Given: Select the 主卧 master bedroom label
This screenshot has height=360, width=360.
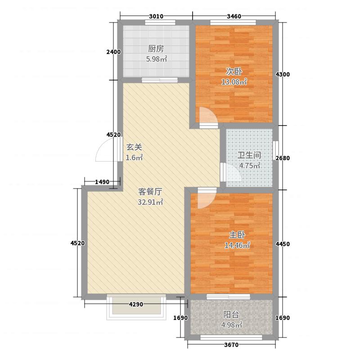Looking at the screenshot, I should pos(234,235).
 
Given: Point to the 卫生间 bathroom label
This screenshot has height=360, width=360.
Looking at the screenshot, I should pos(249,155).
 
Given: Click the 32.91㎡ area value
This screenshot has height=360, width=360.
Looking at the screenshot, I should pos(150,202).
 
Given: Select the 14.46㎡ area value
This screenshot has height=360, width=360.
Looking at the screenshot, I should pos(237,246).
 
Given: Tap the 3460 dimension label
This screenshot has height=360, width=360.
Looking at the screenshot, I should pos(234,17).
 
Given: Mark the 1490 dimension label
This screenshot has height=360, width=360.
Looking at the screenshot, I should pos(103,182).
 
